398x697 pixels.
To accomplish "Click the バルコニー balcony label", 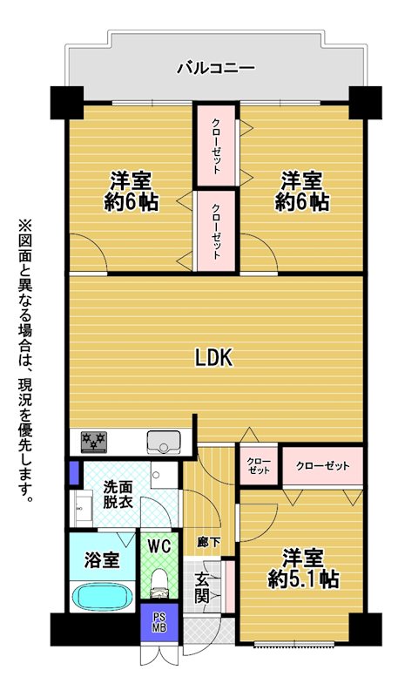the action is (x=216, y=68).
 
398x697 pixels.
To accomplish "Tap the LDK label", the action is (x=214, y=358).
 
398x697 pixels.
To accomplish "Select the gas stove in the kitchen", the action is (x=94, y=443).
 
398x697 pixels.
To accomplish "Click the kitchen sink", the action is (x=164, y=442).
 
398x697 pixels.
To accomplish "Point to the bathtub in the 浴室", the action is (x=102, y=597).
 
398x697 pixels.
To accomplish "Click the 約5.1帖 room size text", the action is (x=303, y=579).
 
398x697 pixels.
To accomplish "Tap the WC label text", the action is (x=159, y=547).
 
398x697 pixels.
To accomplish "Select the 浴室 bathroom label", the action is (x=102, y=560).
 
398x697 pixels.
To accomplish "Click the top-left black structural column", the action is (x=67, y=103).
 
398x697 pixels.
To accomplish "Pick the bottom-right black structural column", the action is (x=365, y=629).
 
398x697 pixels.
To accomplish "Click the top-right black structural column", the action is (x=365, y=103).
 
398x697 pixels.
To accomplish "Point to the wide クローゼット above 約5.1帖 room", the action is (x=323, y=466).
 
